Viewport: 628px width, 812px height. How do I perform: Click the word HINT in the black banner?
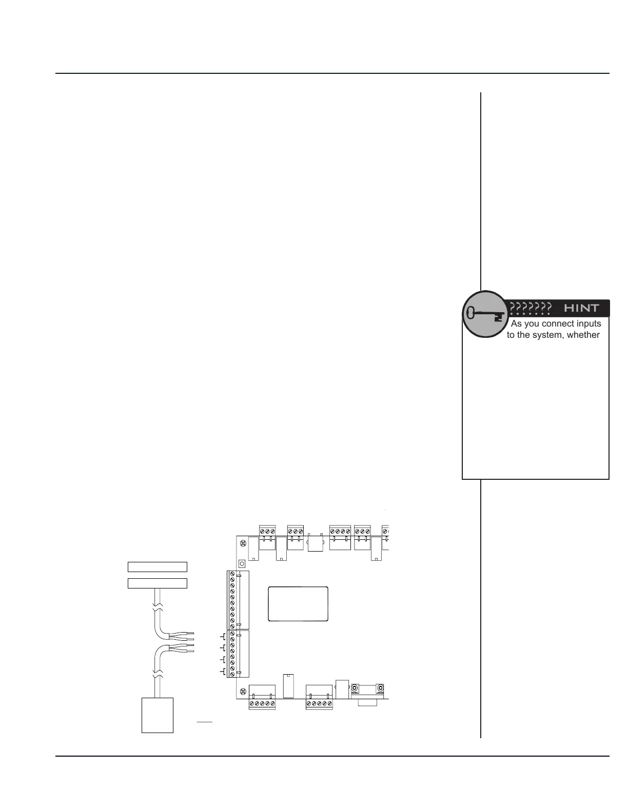[x=581, y=308]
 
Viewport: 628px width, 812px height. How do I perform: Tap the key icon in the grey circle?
[x=484, y=314]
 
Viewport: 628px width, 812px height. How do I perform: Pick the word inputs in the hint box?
[x=588, y=324]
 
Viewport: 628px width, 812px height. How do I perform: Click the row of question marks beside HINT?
[x=531, y=308]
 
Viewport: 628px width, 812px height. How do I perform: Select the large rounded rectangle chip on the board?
[x=298, y=604]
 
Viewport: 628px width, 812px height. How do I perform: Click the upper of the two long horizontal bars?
[x=157, y=567]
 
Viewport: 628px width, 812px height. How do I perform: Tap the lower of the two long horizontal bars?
[x=157, y=583]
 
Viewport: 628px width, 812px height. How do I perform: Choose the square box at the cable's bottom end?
[x=158, y=715]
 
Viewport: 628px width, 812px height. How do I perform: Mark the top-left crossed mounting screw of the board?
[x=243, y=542]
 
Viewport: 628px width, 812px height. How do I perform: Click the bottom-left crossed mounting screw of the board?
[x=243, y=692]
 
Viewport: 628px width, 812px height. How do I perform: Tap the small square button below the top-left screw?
[x=242, y=563]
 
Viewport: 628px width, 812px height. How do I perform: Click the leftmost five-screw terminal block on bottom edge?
[x=262, y=704]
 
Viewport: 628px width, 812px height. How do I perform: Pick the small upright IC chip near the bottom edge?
[x=288, y=685]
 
